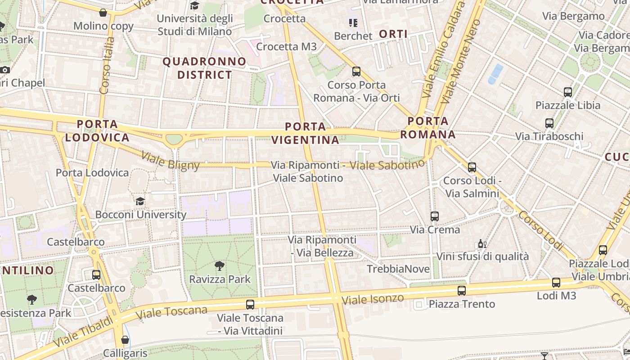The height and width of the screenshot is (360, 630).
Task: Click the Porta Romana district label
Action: pyautogui.click(x=428, y=128)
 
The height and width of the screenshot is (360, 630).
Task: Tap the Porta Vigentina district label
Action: pyautogui.click(x=306, y=133)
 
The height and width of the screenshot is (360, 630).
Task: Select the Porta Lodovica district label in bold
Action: pyautogui.click(x=97, y=131)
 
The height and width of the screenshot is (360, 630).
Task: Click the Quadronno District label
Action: pyautogui.click(x=204, y=68)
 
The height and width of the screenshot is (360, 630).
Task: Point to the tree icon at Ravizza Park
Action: pyautogui.click(x=220, y=266)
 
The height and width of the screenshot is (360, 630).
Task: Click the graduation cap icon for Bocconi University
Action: pyautogui.click(x=140, y=201)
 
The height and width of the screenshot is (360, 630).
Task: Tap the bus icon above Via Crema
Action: pyautogui.click(x=434, y=216)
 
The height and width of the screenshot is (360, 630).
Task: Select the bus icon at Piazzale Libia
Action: pyautogui.click(x=568, y=92)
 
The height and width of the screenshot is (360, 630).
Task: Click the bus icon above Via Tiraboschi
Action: pyautogui.click(x=549, y=123)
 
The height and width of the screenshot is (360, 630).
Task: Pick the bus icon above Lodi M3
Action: pyautogui.click(x=556, y=283)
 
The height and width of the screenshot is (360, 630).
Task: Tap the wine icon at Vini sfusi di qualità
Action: pyautogui.click(x=482, y=244)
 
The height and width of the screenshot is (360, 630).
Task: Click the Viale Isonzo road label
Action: pyautogui.click(x=373, y=299)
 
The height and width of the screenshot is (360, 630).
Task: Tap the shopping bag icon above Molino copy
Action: pyautogui.click(x=103, y=13)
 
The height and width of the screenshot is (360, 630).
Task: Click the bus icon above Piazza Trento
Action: pyautogui.click(x=461, y=291)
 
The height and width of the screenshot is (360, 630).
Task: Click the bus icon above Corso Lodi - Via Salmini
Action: pyautogui.click(x=472, y=167)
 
